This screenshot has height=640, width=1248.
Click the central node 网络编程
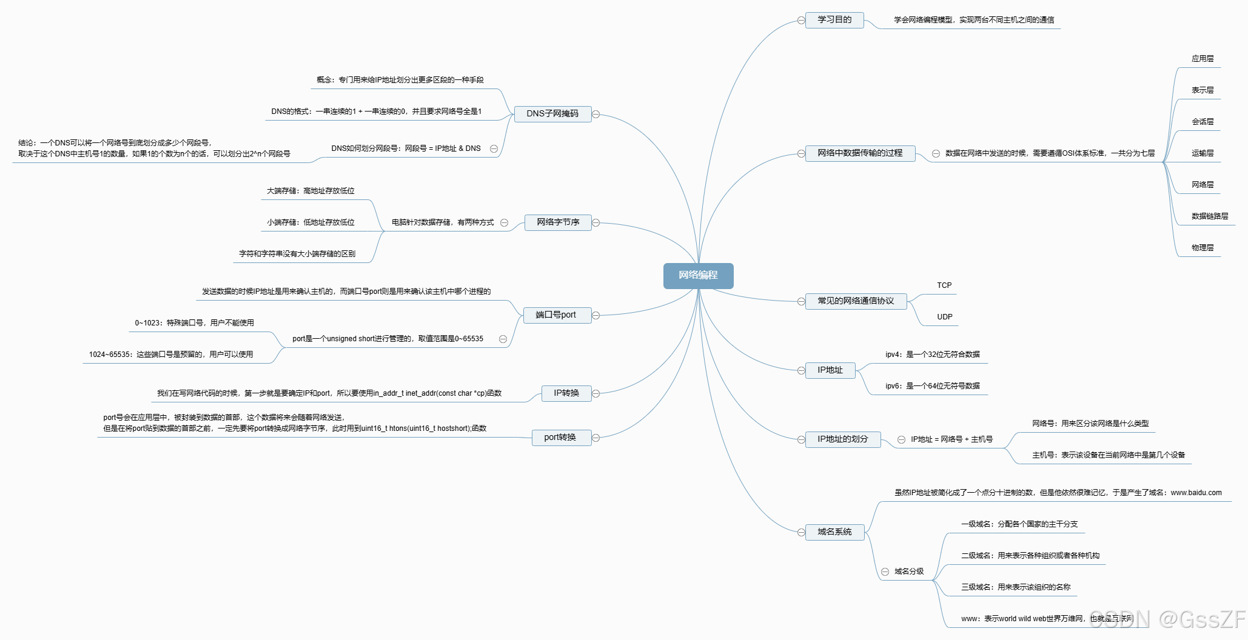(x=698, y=275)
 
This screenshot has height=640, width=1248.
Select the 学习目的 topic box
(x=834, y=20)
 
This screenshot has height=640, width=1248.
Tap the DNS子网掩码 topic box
(x=552, y=114)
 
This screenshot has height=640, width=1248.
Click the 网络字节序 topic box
(x=558, y=222)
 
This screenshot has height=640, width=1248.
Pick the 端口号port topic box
(x=556, y=315)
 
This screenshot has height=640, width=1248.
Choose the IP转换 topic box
(x=566, y=393)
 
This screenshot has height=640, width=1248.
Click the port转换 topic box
(x=560, y=438)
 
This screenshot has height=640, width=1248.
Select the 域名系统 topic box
(x=834, y=532)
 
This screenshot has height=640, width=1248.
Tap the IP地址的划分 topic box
(x=842, y=439)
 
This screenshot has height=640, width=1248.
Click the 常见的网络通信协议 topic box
(x=855, y=301)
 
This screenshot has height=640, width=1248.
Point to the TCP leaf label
(x=944, y=285)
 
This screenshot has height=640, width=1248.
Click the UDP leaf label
(x=944, y=317)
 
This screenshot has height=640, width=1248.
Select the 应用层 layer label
(x=1203, y=59)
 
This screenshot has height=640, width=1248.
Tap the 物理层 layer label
(x=1203, y=248)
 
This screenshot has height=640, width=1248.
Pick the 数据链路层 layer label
(x=1210, y=216)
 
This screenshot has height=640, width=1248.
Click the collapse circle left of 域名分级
(x=885, y=572)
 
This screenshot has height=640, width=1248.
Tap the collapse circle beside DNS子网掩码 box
(x=596, y=114)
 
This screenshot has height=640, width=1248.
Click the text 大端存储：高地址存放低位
(x=310, y=191)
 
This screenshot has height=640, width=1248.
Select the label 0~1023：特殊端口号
(x=194, y=323)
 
